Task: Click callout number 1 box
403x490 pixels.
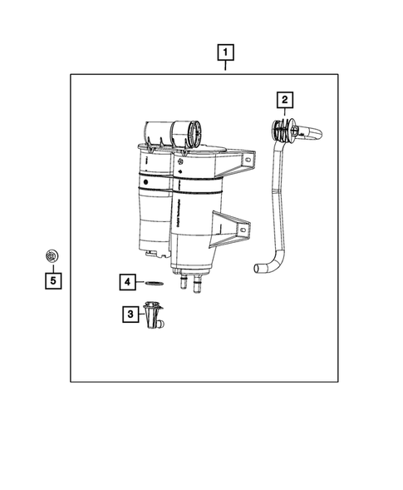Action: pos(225,52)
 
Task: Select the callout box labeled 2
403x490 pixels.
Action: pos(284,101)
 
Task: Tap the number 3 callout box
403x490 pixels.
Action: pos(130,314)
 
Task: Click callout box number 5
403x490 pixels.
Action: pos(52,280)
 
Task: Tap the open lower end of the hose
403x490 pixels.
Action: pos(258,268)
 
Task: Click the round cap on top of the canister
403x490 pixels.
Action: pos(192,131)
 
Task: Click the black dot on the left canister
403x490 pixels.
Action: pos(145,180)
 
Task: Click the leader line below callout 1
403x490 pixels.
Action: pos(225,67)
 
